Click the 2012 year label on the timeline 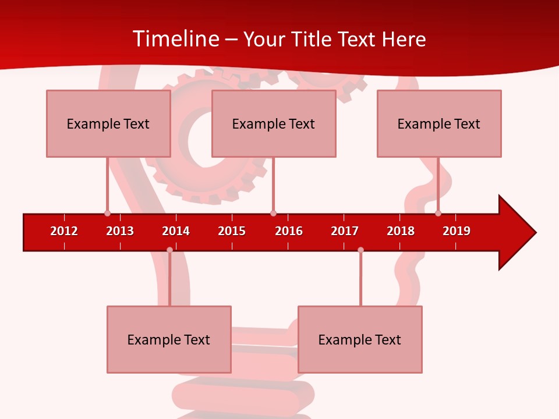point(64,231)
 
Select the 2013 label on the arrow point(120,231)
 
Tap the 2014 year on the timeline point(176,231)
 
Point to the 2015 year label point(232,231)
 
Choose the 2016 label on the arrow point(289,231)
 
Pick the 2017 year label point(345,231)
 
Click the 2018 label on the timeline point(401,231)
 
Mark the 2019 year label point(457,231)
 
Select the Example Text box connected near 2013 point(108,123)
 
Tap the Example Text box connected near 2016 point(274,123)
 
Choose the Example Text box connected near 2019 point(439,123)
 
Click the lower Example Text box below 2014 point(169,339)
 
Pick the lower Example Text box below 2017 point(360,339)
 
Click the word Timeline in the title point(175,39)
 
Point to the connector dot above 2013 point(107,213)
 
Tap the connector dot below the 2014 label point(169,250)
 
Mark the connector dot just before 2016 point(273,213)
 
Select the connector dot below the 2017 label point(360,250)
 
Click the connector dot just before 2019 point(438,213)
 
